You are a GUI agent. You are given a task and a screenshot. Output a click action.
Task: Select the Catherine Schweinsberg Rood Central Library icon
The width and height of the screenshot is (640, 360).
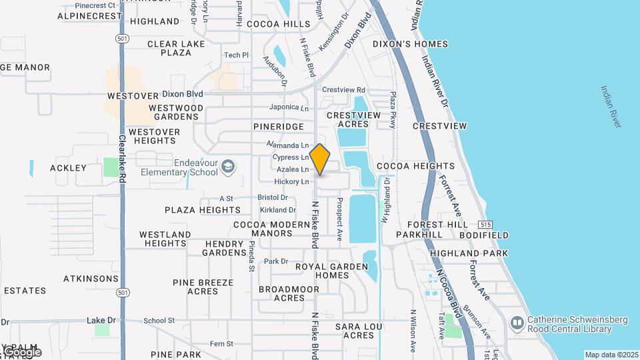coord(517,324)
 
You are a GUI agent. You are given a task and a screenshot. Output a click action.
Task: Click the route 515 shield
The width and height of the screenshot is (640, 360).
coord(485,225)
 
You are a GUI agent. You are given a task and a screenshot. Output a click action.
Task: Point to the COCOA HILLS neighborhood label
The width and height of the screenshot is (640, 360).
coord(279,23)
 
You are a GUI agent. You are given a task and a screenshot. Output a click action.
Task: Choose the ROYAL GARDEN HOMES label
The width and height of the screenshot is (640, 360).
coord(332,271)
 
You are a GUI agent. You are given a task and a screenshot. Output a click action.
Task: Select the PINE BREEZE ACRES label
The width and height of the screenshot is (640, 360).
coord(203,287)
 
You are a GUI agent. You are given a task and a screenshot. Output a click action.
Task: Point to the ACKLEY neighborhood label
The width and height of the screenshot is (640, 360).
coord(69,168)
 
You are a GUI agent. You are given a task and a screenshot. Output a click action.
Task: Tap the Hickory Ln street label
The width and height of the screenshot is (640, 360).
coord(292,181)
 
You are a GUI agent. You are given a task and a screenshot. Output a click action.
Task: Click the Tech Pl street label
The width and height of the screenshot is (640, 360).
coord(236,55)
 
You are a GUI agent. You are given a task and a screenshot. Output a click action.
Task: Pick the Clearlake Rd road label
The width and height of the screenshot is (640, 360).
coord(122,160)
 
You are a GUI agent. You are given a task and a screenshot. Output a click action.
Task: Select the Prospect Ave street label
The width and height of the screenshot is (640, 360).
coord(339,219)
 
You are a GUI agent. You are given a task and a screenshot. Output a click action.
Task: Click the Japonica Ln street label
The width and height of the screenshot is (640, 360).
coord(289,107)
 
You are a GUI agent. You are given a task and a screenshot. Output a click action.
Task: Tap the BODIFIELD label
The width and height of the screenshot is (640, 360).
coord(483,235)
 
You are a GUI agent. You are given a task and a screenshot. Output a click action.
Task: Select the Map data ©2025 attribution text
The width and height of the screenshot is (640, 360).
coord(611,355)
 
